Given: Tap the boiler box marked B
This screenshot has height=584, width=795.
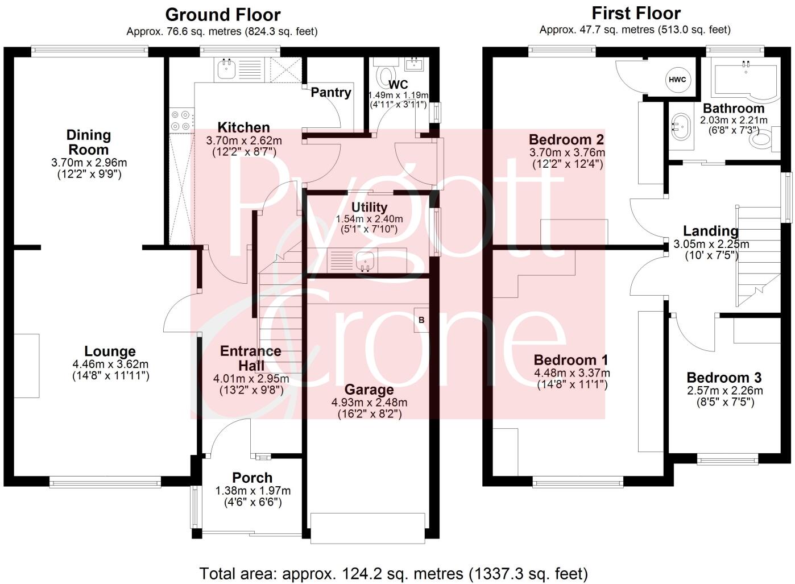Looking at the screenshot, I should [x=421, y=320].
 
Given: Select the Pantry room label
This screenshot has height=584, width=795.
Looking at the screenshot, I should [x=330, y=92].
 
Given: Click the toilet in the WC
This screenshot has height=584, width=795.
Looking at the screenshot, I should [x=387, y=75].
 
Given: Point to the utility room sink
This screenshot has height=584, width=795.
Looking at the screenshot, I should [x=364, y=261].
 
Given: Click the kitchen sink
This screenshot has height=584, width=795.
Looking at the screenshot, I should [x=226, y=69].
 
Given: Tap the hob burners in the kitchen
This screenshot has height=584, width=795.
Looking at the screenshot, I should [x=181, y=120].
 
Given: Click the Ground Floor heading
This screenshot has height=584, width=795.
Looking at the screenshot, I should [x=222, y=14].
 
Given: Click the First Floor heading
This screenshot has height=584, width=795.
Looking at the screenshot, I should [x=636, y=13].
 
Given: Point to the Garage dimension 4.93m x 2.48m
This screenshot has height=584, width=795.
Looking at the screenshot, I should [x=370, y=402].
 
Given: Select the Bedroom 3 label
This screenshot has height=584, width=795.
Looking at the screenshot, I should [x=724, y=378].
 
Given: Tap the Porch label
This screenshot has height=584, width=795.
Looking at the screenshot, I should [x=252, y=478].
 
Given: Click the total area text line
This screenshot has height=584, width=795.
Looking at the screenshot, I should [x=394, y=573].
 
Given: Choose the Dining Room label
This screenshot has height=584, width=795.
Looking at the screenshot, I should [x=88, y=142].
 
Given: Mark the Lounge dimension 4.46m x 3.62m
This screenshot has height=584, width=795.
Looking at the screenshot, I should [x=110, y=364].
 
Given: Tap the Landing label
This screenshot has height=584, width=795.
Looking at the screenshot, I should [x=711, y=231].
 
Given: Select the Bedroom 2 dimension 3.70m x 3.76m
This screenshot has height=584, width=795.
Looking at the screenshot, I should [x=567, y=152].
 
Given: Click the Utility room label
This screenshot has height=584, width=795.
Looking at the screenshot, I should [x=369, y=207].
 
